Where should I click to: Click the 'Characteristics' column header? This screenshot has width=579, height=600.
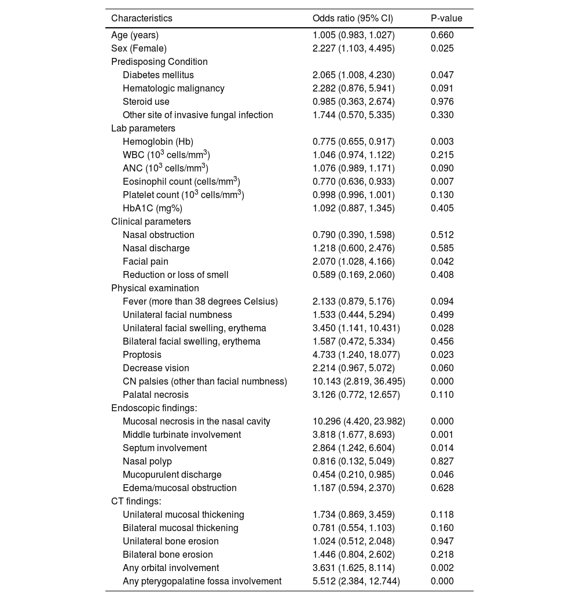141,19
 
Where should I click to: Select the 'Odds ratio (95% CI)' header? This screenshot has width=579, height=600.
353,19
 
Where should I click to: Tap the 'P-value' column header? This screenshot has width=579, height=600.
446,19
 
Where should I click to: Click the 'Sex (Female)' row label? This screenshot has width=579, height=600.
139,49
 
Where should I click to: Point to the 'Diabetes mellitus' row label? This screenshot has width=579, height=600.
158,75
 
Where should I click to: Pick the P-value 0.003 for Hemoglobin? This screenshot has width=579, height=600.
442,142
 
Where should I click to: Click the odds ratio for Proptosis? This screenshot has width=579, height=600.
356,355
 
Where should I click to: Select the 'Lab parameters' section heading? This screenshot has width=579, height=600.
143,129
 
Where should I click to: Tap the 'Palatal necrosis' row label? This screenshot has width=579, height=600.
155,395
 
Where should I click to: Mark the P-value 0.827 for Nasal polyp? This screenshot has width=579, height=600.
442,462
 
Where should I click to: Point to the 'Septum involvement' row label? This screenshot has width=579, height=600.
164,448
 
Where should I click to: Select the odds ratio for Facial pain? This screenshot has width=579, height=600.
354,262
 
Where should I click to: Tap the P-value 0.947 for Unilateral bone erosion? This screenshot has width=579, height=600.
442,542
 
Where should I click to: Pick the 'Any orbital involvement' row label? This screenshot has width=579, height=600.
171,568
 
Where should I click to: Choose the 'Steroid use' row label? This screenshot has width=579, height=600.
146,102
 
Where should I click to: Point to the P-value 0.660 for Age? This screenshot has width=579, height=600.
442,35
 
